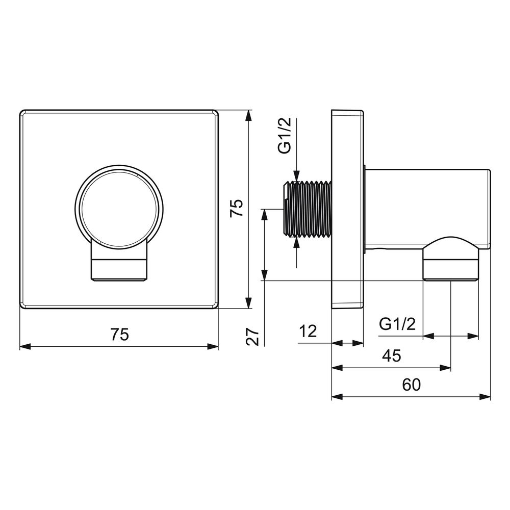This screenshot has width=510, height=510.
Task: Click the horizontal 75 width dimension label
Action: [x=120, y=335]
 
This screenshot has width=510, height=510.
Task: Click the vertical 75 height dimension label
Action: [x=237, y=208]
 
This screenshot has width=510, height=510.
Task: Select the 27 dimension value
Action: [x=253, y=337]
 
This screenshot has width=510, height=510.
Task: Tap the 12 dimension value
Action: [x=308, y=331]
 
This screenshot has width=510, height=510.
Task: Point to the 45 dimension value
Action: [x=392, y=356]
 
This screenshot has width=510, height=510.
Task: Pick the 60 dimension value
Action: [x=411, y=385]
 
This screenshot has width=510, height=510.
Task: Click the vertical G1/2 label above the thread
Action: [x=285, y=136]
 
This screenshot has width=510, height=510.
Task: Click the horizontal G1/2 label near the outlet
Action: [x=397, y=324]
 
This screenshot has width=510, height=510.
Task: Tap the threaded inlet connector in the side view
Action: [x=308, y=209]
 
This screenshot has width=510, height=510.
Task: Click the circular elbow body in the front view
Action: [x=119, y=209]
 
